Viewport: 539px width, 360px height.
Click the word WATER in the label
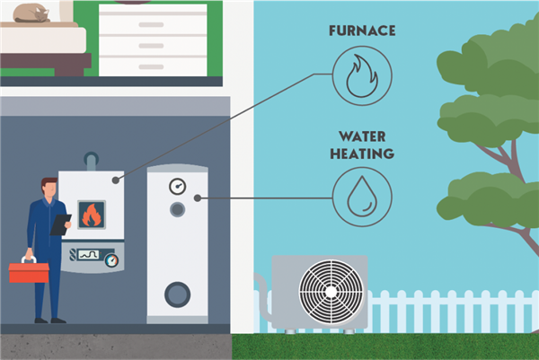point(361,137)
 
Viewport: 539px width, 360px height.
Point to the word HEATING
point(361,153)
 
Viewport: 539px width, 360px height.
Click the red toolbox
point(29,271)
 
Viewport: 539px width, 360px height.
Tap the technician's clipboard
point(61,224)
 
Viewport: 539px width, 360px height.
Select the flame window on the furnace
point(92,214)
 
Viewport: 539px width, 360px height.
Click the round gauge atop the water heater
point(176,187)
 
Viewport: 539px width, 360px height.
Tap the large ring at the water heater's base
point(177,294)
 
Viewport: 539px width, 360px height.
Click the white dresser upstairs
point(153,41)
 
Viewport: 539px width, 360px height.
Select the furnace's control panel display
point(87,254)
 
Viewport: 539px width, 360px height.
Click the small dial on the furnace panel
point(111,260)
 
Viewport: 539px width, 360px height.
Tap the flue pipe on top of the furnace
point(90,160)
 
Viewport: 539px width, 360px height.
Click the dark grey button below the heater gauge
point(177,209)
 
